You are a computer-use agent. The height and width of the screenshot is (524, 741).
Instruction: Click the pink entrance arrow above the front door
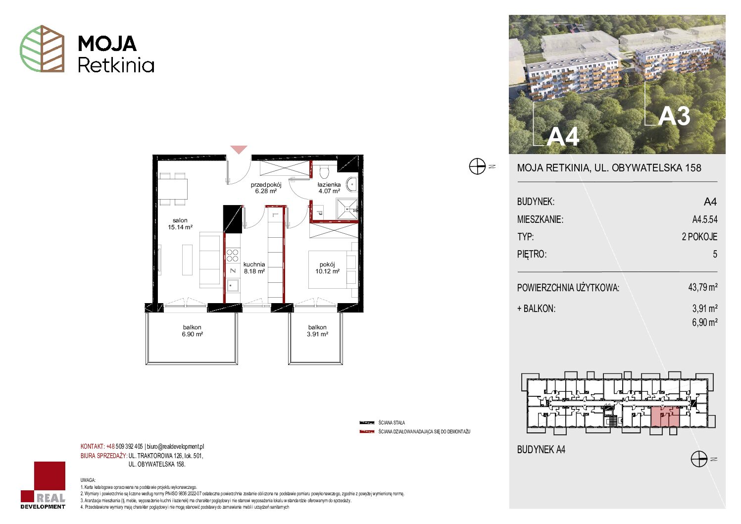pos(239,149)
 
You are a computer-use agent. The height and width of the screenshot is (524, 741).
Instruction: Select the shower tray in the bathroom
pos(346,209)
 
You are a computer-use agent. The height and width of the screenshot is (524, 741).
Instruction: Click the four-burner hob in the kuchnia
pos(232,256)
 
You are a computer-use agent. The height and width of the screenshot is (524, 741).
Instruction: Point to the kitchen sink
pos(233,284)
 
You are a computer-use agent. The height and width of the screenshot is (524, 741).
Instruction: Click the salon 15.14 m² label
pos(180,224)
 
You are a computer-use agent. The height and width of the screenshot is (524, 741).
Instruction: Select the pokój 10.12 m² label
pos(327,268)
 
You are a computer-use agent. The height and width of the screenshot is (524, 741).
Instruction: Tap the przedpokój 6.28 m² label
pos(266,188)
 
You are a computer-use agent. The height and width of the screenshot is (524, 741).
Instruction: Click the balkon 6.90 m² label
pos(192,331)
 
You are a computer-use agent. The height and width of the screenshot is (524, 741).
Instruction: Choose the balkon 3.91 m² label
pos(317,331)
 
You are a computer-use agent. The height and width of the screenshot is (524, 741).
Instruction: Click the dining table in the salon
pos(173,189)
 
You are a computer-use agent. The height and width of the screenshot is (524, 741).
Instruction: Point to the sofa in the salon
pos(210,260)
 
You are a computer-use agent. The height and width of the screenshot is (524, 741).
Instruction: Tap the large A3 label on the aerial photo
pos(674,116)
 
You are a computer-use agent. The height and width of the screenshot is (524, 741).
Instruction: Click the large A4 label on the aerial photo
pos(562,136)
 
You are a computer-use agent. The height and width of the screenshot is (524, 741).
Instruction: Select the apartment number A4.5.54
pos(704,219)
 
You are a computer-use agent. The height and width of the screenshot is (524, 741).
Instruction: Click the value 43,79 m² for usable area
pos(702,287)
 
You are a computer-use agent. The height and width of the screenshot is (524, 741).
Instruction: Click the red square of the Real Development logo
pos(49,476)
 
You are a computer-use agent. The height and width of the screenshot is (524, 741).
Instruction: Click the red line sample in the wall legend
pos(367,432)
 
